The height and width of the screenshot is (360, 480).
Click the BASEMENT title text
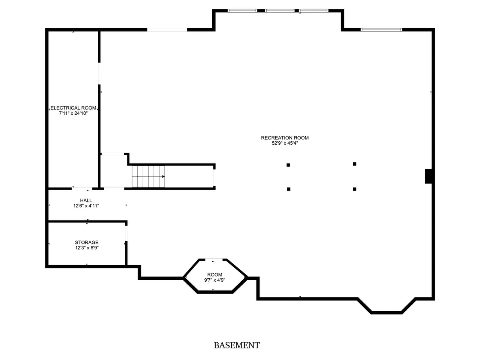[x=237, y=345]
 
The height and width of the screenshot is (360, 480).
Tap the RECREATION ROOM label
[x=285, y=138]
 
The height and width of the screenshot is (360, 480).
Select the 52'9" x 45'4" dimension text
[x=285, y=143]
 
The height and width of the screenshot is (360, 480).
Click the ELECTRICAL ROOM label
[x=73, y=108]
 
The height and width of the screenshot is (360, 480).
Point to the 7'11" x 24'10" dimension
[x=73, y=113]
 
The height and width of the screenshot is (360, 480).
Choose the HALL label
[x=86, y=200]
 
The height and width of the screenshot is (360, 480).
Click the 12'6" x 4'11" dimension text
[x=86, y=205]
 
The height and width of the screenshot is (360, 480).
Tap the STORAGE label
[x=87, y=242]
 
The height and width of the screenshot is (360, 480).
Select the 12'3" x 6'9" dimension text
[x=87, y=247]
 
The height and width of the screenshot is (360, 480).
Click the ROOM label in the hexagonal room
[x=214, y=275]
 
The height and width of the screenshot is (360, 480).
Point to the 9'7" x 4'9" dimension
[x=214, y=280]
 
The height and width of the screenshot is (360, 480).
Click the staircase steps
[x=148, y=176]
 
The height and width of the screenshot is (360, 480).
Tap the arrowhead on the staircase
[x=163, y=176]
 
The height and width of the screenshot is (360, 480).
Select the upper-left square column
[x=288, y=165]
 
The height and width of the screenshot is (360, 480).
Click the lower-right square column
[x=354, y=189]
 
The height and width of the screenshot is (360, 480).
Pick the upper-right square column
[x=354, y=164]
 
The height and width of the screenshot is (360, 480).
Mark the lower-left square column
[x=289, y=189]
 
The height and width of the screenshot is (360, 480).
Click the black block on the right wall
[x=428, y=176]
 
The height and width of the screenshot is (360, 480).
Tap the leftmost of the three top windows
[x=242, y=11]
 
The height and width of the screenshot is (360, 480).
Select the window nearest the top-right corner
[x=381, y=30]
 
